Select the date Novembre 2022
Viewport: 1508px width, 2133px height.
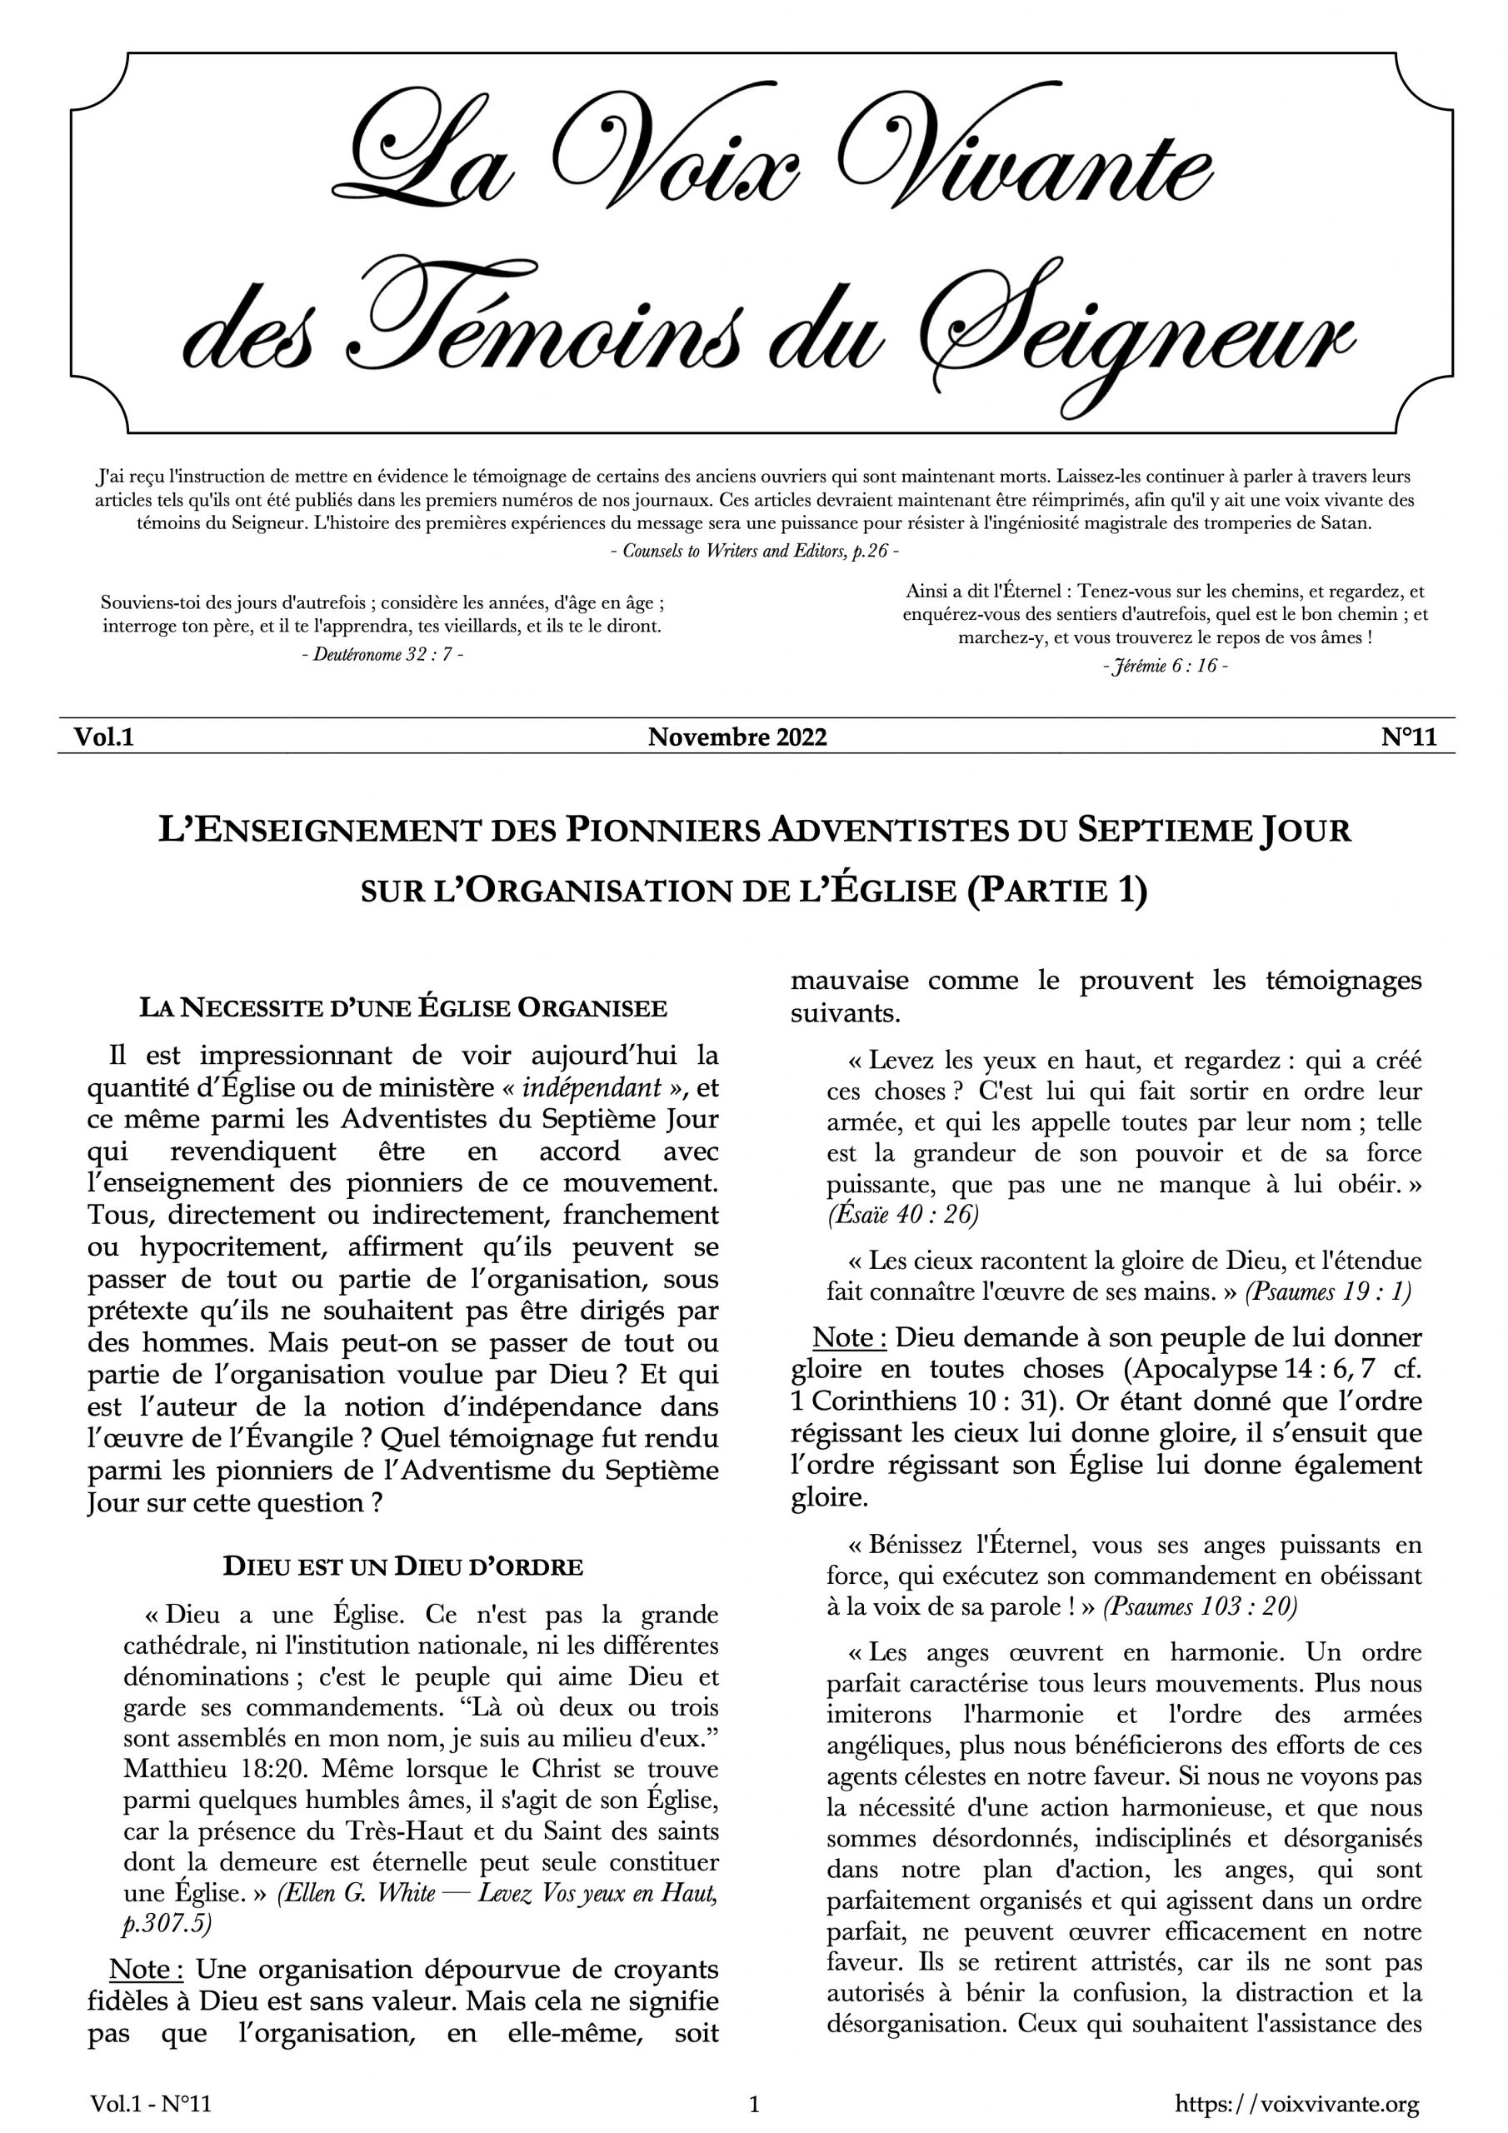(x=737, y=737)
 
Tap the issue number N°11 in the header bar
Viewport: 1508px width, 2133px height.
(x=1409, y=737)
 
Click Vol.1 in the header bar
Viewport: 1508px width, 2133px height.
(x=104, y=737)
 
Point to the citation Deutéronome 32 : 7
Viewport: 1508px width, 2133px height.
(x=382, y=653)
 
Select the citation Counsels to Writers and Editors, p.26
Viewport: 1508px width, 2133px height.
(x=755, y=550)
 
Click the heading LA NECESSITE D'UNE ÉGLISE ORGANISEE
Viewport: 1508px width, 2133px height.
(x=402, y=1008)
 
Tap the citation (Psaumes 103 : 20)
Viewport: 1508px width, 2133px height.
(x=1199, y=1606)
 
